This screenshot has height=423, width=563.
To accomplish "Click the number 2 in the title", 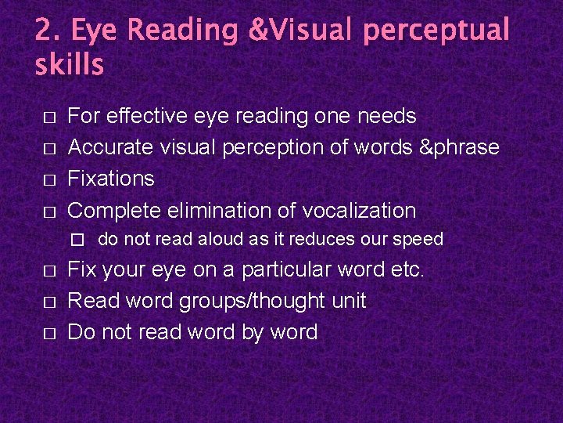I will coord(45,31).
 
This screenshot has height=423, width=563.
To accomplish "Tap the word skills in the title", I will coord(69,65).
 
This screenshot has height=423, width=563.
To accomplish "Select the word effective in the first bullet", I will coord(147,117).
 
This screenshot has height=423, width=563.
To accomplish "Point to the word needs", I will coord(386,117).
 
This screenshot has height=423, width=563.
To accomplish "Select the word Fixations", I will coord(111,179).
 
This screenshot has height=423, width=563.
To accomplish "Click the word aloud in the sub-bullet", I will coord(203,240).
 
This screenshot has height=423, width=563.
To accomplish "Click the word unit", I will coord(348,302).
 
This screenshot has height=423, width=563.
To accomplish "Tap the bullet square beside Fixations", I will coord(48,180).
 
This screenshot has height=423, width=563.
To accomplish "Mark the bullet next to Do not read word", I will coord(48,333).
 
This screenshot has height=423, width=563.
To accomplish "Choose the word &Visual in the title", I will coord(299,31).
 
